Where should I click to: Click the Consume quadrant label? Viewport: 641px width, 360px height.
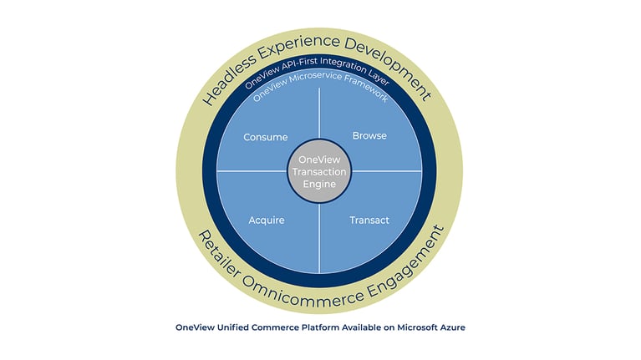point(265,137)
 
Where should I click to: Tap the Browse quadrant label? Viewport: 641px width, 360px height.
point(369,135)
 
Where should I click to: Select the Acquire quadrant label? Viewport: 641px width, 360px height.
point(267,221)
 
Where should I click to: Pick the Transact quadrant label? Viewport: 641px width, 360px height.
point(369,221)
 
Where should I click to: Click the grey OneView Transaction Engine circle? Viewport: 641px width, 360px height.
point(319,171)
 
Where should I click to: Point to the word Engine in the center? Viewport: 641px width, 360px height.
point(319,185)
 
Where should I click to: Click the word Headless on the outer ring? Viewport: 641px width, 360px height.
point(229,79)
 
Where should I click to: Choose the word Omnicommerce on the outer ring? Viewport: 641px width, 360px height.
point(303,293)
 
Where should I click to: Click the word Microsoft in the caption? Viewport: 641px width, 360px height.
point(417,327)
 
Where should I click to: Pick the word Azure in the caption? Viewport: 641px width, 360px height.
point(452,327)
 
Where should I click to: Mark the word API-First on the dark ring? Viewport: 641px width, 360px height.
point(300,64)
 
